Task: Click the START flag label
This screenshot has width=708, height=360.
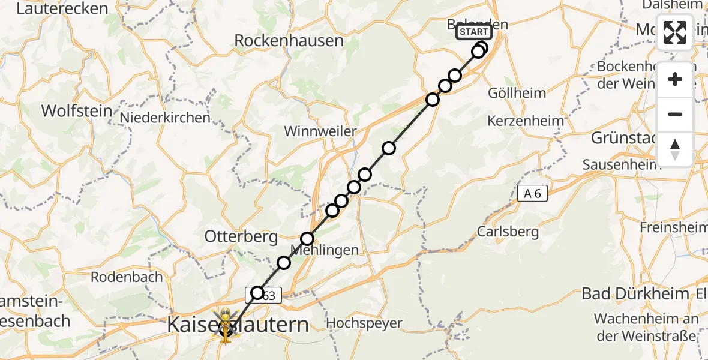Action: coord(474,32)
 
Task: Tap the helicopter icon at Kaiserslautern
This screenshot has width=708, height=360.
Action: coord(225,326)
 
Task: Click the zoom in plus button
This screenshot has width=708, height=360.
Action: coord(675,80)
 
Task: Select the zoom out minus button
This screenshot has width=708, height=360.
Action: coord(675,114)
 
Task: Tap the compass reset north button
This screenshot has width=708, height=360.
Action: coord(675,149)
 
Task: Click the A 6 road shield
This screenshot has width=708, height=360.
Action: coord(533,193)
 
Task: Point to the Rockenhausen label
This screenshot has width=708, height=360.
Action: coord(289,41)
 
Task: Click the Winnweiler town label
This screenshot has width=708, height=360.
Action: coord(320,131)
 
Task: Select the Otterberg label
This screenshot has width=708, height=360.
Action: coord(241,237)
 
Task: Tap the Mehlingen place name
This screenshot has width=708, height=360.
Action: coord(325,250)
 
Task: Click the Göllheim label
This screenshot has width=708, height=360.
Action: coord(517,93)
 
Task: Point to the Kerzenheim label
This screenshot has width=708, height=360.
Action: coord(526,121)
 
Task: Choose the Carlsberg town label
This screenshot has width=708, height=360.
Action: coord(508,232)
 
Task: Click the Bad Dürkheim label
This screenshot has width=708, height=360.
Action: coord(635,294)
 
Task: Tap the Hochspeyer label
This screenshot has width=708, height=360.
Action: coord(364,323)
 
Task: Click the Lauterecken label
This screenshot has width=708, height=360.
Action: coord(62,9)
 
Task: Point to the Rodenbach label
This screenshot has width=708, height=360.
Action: coord(127,277)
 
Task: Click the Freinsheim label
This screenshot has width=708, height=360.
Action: coord(673,227)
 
